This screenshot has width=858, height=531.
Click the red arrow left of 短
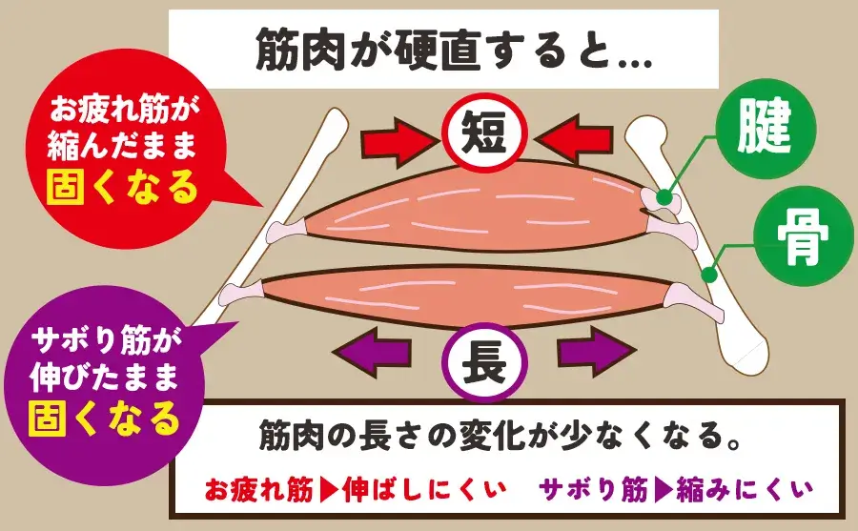click(x=398, y=141)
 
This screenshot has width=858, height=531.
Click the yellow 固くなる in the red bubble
click(x=120, y=187)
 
